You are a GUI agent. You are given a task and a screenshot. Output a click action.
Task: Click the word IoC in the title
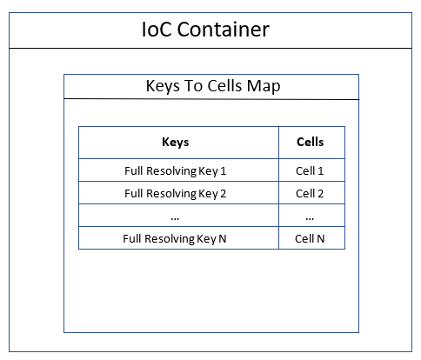(x=157, y=30)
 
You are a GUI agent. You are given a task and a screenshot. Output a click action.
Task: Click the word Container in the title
(x=224, y=30)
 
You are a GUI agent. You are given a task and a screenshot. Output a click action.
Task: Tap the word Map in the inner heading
(x=264, y=87)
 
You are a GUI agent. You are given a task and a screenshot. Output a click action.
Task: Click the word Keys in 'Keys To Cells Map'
(x=163, y=87)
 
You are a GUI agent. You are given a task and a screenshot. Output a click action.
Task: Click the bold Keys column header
(x=176, y=143)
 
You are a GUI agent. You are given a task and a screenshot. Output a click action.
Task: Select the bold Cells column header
(x=311, y=142)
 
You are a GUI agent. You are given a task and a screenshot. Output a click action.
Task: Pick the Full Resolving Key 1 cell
(x=175, y=171)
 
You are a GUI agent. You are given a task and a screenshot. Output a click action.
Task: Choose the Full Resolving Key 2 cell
(x=175, y=194)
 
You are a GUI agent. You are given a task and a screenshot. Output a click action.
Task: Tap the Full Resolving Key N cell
(x=175, y=239)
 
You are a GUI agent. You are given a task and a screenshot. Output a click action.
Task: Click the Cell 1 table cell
(x=310, y=170)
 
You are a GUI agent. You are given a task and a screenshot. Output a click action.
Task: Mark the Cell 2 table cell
(x=310, y=193)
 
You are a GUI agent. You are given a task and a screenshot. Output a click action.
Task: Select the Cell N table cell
(x=310, y=238)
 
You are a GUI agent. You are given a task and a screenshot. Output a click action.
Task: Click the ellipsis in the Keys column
(x=175, y=218)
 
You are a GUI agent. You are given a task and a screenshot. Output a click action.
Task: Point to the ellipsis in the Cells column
(x=310, y=218)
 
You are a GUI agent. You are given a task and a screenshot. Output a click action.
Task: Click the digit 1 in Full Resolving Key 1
(x=223, y=170)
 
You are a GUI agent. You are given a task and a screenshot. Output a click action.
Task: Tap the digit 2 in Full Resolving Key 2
(x=223, y=193)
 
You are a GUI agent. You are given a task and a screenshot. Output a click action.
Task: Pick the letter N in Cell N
(x=321, y=238)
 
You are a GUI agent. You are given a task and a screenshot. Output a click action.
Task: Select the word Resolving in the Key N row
(x=170, y=239)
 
